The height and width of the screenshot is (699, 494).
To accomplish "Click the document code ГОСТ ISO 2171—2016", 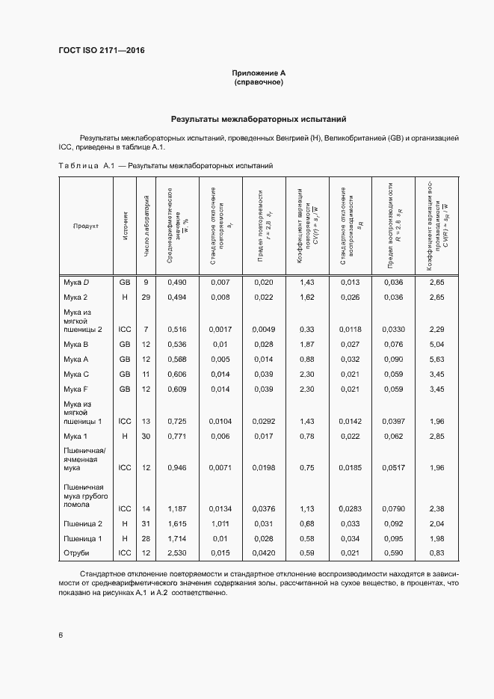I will click(x=101, y=50).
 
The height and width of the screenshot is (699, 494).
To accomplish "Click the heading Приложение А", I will click(x=259, y=73).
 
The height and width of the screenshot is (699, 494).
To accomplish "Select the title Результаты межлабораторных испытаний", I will click(x=259, y=119).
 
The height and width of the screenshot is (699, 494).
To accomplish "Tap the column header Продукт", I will click(x=86, y=226).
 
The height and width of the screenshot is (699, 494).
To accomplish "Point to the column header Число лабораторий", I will click(x=146, y=226).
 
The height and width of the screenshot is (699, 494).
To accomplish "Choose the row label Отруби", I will click(x=76, y=553).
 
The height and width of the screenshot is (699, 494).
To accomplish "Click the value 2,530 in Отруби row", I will click(x=176, y=553).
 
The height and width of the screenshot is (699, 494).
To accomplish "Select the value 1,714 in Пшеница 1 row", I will click(x=176, y=538).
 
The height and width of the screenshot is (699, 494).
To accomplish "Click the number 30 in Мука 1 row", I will click(x=146, y=436).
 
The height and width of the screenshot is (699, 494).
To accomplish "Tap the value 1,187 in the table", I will click(x=176, y=508).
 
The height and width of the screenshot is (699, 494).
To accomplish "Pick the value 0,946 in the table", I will click(x=176, y=468).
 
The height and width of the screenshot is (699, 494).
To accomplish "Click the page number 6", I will click(x=60, y=635).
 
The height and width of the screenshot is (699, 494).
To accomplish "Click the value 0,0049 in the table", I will click(x=265, y=329).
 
